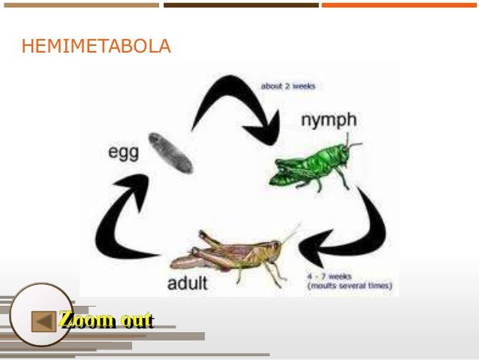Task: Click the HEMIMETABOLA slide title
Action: pyautogui.click(x=96, y=48)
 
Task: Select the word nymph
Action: pyautogui.click(x=328, y=119)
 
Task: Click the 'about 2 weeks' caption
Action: pyautogui.click(x=288, y=86)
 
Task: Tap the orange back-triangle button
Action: pyautogui.click(x=44, y=322)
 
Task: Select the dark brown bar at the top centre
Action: pyautogui.click(x=240, y=5)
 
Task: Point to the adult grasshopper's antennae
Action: pyautogui.click(x=290, y=233)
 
